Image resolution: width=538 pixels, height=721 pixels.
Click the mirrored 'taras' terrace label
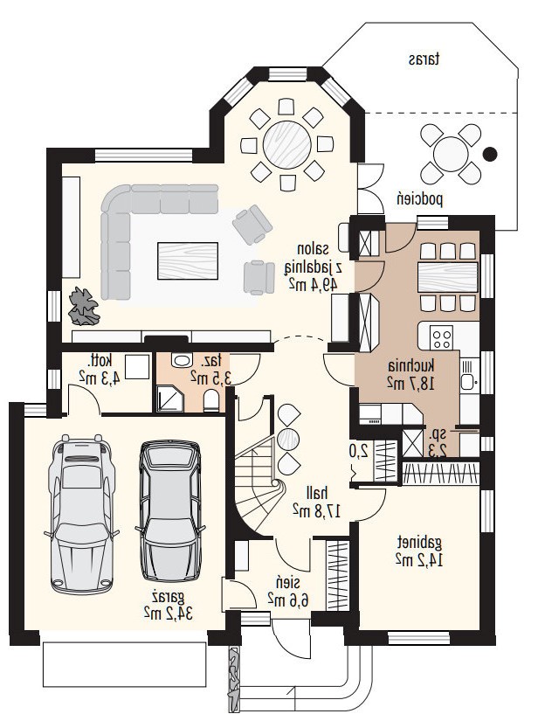pyautogui.click(x=424, y=59)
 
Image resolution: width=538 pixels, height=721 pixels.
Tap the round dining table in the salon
pyautogui.click(x=287, y=143)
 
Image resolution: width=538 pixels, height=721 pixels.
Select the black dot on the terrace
pyautogui.click(x=490, y=154)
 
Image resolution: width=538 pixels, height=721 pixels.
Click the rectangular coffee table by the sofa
pyautogui.click(x=188, y=261)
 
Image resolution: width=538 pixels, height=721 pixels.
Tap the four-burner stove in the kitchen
pyautogui.click(x=442, y=338)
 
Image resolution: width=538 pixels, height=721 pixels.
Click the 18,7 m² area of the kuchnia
pyautogui.click(x=410, y=383)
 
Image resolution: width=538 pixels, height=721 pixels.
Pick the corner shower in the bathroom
pyautogui.click(x=169, y=399)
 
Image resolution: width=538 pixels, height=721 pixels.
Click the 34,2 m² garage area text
pyautogui.click(x=169, y=613)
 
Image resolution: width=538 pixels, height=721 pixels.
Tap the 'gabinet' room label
pyautogui.click(x=419, y=543)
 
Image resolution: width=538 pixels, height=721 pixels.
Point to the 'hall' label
pyautogui.click(x=317, y=494)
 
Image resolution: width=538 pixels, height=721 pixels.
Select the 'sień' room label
pyautogui.click(x=288, y=583)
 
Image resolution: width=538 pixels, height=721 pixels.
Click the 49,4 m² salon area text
pyautogui.click(x=313, y=283)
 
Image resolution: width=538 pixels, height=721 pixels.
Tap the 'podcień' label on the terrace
pyautogui.click(x=420, y=199)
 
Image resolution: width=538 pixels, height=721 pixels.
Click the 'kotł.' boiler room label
pyautogui.click(x=100, y=360)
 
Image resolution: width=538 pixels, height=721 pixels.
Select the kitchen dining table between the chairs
pyautogui.click(x=448, y=277)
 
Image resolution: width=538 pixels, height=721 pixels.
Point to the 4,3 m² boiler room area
pyautogui.click(x=100, y=378)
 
